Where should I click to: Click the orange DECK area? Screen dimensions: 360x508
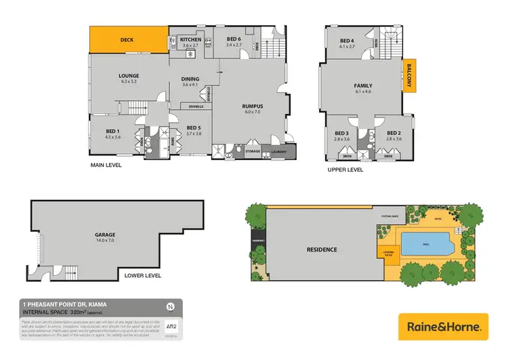point(128,40)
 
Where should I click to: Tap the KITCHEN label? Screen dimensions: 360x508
point(190,40)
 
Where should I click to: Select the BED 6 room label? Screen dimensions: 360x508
point(234,40)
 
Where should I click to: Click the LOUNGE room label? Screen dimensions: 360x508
point(129,76)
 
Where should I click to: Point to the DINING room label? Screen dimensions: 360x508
point(190,79)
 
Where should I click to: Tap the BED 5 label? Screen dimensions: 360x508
point(194,128)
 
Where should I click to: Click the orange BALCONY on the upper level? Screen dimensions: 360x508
point(411,76)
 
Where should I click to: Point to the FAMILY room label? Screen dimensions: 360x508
point(363,86)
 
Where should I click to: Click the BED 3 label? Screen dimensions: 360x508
point(341,134)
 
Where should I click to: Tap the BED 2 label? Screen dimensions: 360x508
point(394,134)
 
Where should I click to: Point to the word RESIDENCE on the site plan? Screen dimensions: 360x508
point(322,249)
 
